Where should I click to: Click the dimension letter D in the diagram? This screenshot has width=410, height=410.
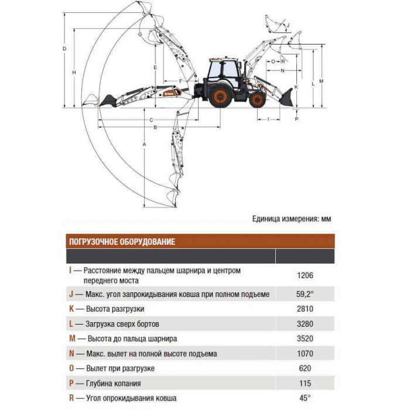pos(64,49)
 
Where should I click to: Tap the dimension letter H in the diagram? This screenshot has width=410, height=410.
pos(74,73)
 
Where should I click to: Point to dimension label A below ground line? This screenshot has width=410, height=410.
pos(144,144)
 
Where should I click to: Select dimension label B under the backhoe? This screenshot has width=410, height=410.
pos(155,127)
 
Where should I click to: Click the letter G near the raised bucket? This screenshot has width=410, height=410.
pos(140,35)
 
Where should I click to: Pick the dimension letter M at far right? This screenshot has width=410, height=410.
pos(322,81)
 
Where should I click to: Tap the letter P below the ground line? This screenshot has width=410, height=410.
pos(296,119)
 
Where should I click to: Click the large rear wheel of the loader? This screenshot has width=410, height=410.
pos(221,95)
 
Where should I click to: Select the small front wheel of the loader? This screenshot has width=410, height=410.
pos(257,100)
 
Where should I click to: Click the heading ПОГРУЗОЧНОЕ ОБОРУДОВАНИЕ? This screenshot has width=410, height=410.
pos(122,241)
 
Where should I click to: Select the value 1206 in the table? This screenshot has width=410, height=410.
pos(305,275)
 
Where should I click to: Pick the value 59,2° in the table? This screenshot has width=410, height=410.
pos(305,294)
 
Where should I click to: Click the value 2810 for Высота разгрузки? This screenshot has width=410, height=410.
pos(305,309)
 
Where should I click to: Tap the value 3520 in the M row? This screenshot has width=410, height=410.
pos(305,339)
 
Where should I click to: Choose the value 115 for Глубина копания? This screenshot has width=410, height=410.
pos(305,383)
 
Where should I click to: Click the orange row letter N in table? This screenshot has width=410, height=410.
pos(71,354)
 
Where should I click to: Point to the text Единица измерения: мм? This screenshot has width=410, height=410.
pos(292,218)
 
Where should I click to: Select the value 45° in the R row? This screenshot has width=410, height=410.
pos(305,398)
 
